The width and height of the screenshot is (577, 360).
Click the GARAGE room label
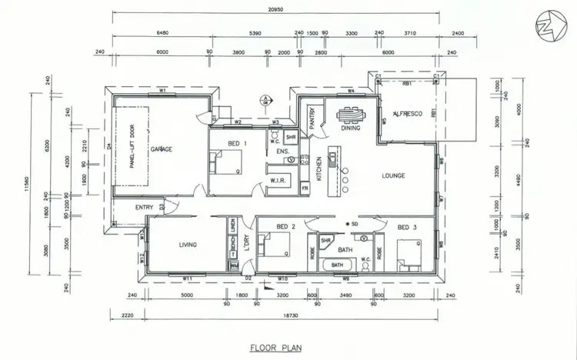coord(161,148)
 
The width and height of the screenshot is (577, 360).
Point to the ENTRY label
coord(143,207)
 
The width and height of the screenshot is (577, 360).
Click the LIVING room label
coord(187,245)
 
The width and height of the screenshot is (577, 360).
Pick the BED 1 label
coord(238,144)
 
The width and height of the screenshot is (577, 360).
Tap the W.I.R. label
coord(278,182)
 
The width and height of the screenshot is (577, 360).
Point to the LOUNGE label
coord(394,175)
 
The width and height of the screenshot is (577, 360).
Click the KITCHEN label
coord(319,165)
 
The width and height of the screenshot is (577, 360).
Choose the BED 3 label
coord(407,228)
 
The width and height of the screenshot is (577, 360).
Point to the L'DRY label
coord(248,243)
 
